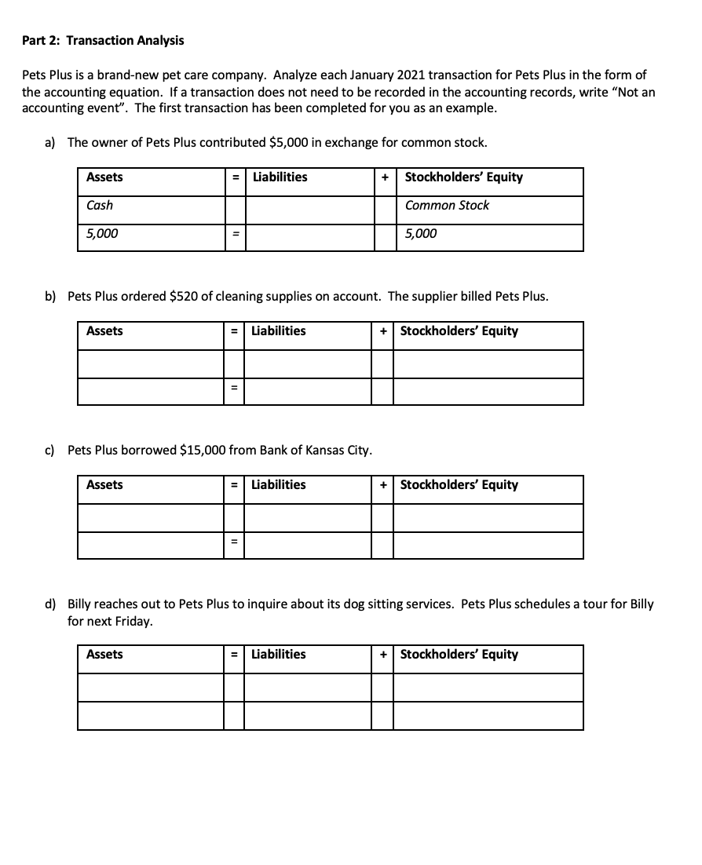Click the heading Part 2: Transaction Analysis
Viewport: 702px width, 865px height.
[x=103, y=40]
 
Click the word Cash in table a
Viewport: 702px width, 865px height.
[x=100, y=206]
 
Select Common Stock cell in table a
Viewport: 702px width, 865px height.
[x=447, y=206]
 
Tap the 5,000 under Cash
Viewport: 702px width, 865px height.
[x=102, y=234]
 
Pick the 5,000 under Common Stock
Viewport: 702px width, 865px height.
[x=421, y=234]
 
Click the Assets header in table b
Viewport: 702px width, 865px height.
[x=104, y=331]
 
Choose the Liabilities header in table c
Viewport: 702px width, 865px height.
[x=279, y=485]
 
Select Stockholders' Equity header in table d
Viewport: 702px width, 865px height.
[x=459, y=655]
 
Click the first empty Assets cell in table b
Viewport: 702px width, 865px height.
[x=150, y=363]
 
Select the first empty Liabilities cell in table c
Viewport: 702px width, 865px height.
[x=307, y=517]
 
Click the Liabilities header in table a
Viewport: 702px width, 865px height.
[x=279, y=177]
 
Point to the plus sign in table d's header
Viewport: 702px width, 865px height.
[x=382, y=655]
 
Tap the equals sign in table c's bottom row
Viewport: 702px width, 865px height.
[x=233, y=545]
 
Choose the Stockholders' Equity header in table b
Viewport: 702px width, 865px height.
[x=459, y=331]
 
